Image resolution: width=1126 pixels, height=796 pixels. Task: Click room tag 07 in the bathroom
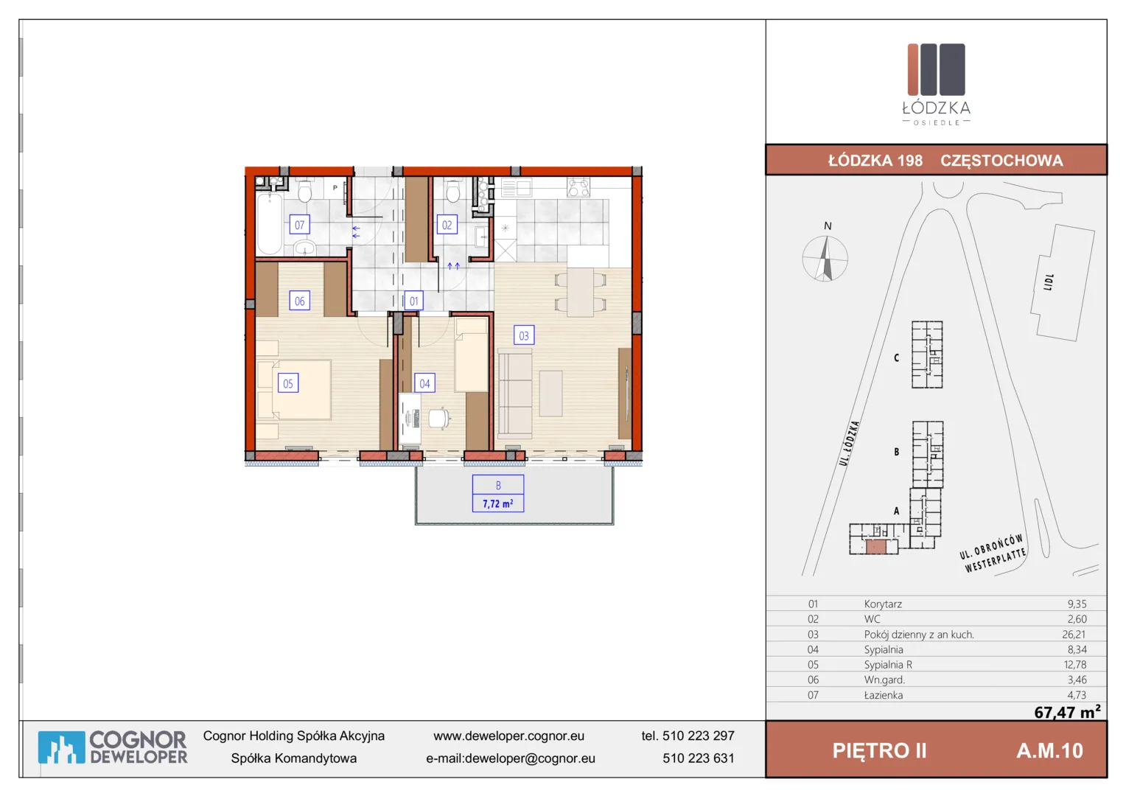click(x=300, y=225)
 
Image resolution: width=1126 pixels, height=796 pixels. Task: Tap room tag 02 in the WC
click(x=447, y=225)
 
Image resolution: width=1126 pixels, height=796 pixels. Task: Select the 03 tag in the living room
click(x=524, y=335)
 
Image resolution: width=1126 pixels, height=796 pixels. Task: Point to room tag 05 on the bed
click(x=288, y=384)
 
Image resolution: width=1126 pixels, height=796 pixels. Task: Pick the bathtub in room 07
click(x=270, y=224)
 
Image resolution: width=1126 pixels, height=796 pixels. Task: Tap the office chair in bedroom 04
click(x=439, y=419)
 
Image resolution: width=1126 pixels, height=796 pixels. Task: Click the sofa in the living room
click(x=515, y=394)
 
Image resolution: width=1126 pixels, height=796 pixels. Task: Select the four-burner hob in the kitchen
click(x=578, y=188)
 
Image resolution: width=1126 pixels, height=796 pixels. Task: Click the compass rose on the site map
click(x=825, y=259)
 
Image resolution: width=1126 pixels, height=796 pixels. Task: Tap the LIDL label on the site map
click(x=1049, y=282)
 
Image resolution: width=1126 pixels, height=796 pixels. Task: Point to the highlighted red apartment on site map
click(x=875, y=547)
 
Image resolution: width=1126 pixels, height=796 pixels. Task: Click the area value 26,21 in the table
click(x=1074, y=635)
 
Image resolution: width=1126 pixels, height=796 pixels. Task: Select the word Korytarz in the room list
click(x=883, y=604)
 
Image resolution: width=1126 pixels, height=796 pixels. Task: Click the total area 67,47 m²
click(x=1067, y=711)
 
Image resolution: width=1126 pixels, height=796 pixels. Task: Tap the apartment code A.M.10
click(x=1049, y=751)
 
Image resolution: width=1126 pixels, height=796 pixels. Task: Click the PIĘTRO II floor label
click(x=879, y=751)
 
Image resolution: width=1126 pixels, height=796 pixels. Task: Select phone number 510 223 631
click(x=698, y=758)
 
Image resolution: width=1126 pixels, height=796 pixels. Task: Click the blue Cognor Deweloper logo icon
click(x=61, y=747)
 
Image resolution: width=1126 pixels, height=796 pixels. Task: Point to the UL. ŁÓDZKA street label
click(x=849, y=443)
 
